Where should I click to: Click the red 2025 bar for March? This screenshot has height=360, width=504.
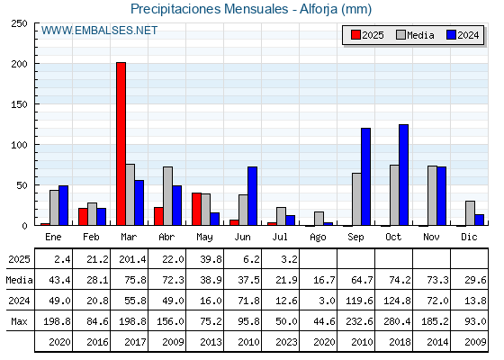[x=121, y=144]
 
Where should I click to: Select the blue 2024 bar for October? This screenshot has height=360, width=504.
[x=404, y=175]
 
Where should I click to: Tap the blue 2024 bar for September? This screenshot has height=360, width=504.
[x=365, y=176]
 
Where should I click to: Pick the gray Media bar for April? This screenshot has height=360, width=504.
[x=167, y=196]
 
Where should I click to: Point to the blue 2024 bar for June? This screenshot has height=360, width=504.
[x=252, y=196]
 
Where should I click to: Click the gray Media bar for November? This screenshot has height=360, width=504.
[x=432, y=195]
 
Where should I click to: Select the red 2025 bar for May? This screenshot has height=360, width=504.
[x=197, y=209]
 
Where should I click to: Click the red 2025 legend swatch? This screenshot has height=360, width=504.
[x=355, y=35]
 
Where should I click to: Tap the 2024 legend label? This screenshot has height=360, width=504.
[x=468, y=35]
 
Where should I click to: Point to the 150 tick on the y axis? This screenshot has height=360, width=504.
[x=19, y=104]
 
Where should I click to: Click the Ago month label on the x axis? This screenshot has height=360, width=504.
[x=318, y=238]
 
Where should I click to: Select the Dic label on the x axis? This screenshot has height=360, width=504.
[x=469, y=237]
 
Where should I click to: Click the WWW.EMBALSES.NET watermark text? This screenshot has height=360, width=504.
[x=99, y=31]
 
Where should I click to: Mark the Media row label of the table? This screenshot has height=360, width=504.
[x=19, y=280]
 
